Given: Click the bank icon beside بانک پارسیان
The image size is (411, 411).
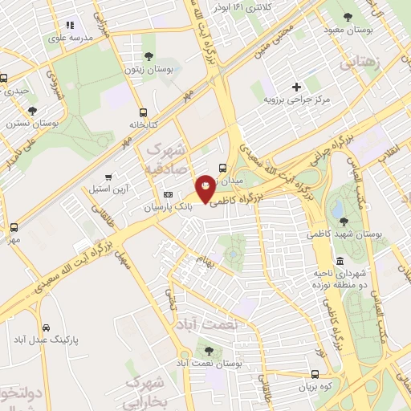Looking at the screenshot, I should point(168,194).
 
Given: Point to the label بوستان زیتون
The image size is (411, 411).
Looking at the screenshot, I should point(149,69).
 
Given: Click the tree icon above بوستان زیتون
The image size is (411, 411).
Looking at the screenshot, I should point(149,56).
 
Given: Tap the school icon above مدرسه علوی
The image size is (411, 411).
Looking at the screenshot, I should point(70,26).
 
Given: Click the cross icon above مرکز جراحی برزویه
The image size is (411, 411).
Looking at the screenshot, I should point(296,87).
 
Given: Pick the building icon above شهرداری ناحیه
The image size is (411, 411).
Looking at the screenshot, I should point(340,262).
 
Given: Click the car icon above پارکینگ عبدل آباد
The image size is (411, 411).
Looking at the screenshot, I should point(47,328).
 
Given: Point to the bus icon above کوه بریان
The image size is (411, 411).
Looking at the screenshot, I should point(315,374).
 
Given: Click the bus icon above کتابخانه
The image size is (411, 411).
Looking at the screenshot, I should point(143,112).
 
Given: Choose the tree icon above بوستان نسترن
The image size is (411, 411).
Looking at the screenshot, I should point(32,111).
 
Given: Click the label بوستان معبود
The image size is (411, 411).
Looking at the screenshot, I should point(348,31).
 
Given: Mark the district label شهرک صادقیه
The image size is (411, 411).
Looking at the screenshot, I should point(167,160).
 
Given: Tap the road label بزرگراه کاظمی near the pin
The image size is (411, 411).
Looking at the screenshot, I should point(246,197).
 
